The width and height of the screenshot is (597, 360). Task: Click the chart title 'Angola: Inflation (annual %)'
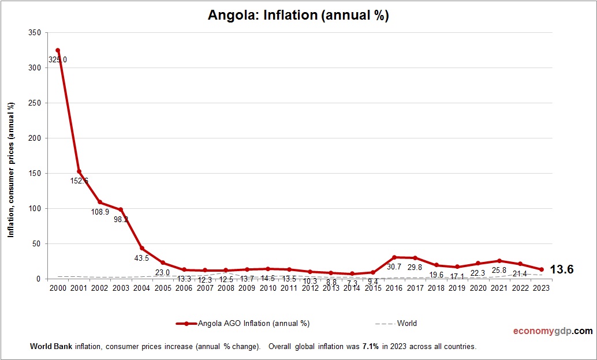(x=298, y=16)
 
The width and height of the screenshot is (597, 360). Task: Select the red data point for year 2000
(x=58, y=50)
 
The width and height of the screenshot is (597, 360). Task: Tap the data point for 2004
(x=142, y=248)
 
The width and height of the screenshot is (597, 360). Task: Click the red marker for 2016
(x=394, y=257)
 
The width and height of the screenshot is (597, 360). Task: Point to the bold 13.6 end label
(x=561, y=269)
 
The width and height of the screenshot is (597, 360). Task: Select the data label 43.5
(x=142, y=258)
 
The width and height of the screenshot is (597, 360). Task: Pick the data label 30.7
(x=394, y=267)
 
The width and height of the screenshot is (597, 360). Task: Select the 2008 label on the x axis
(x=226, y=288)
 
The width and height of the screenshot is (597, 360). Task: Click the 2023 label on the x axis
(x=541, y=288)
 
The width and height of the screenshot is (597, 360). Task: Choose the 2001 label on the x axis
(x=79, y=288)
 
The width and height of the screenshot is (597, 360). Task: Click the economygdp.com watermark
(x=553, y=331)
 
